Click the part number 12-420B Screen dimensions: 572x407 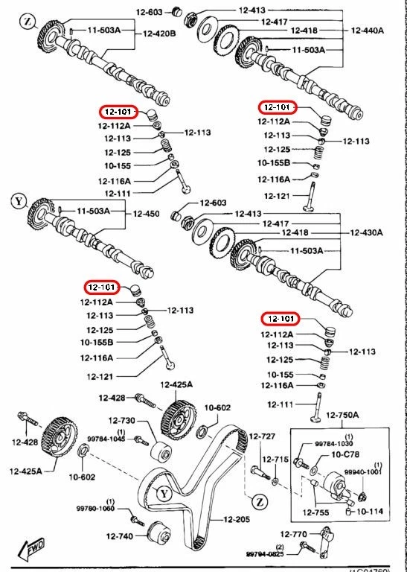pos(159,34)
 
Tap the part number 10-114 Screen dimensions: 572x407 pos(371,512)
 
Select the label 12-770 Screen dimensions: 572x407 pos(294,534)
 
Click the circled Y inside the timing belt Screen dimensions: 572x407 pos(164,493)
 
